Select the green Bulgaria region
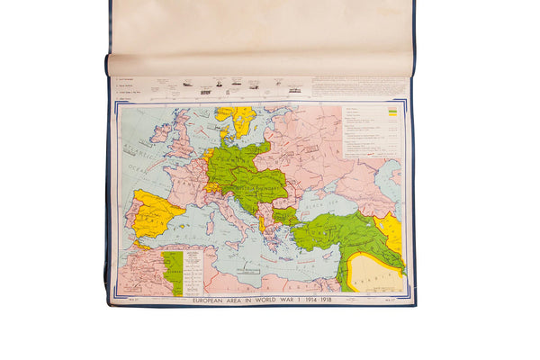pyautogui.click(x=286, y=216)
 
